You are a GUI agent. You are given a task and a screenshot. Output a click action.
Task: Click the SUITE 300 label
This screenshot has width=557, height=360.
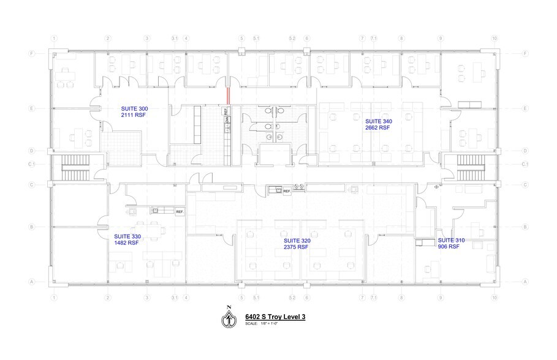point(135,108)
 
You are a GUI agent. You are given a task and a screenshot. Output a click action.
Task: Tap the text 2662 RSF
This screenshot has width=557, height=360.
point(378,129)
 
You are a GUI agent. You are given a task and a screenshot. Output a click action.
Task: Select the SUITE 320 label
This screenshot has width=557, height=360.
point(297,241)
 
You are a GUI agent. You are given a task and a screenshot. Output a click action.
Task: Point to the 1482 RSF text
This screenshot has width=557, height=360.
point(126,242)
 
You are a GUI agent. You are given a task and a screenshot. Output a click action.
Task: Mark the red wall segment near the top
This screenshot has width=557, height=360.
point(229,96)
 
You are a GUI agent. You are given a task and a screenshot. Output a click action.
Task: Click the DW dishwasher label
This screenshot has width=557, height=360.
point(226,121)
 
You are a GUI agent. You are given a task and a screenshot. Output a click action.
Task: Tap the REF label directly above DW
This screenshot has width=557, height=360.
point(226,112)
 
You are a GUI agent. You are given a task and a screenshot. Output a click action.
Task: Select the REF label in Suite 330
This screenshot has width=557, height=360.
point(180,212)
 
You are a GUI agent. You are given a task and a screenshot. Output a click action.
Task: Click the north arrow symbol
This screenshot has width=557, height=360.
point(229,318)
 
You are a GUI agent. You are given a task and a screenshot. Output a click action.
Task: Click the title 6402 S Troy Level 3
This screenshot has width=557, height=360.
point(275,317)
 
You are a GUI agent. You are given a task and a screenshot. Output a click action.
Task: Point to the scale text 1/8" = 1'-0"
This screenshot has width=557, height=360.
point(270,323)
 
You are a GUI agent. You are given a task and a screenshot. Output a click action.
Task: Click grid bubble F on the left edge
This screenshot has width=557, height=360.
point(32,53)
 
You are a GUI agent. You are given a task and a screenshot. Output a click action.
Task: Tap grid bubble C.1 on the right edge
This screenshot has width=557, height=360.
point(525,164)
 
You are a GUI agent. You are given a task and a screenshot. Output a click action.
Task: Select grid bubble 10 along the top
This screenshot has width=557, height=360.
point(494,39)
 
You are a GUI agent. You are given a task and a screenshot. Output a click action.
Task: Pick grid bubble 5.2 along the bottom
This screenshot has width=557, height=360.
point(292,298)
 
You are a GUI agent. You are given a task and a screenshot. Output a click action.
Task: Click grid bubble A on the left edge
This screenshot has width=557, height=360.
point(32,282)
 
